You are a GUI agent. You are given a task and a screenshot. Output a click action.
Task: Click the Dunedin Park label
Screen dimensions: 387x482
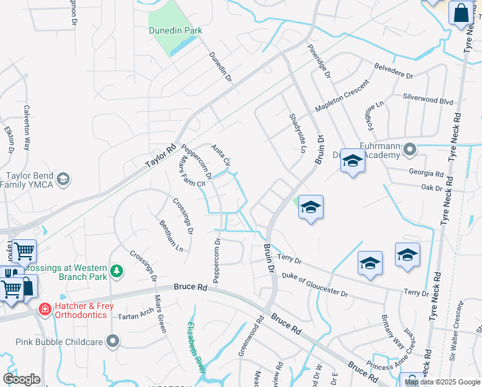pos(175,30)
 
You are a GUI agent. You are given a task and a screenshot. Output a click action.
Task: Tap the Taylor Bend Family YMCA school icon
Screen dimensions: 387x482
pos(63,179)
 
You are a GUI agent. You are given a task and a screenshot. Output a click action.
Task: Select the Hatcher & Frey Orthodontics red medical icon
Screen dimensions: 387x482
pos(44,310)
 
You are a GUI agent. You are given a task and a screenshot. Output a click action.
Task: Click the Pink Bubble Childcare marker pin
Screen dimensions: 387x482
pos(114,340)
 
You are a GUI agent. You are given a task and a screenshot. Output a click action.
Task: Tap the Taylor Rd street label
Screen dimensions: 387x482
pos(160,156)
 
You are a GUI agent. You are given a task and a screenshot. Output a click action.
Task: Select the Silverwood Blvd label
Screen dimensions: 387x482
pos(428,101)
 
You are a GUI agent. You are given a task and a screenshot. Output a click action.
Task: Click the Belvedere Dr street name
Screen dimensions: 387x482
pos(394,70)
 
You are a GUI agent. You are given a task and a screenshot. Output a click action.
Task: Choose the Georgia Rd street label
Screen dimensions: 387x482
pos(426,174)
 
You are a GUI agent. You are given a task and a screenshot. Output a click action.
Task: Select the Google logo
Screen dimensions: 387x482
pos(21,379)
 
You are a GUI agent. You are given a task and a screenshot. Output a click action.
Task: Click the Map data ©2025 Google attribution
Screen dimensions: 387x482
pos(441,382)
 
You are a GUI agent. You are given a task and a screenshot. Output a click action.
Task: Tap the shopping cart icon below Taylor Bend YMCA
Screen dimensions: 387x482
pos(24,251)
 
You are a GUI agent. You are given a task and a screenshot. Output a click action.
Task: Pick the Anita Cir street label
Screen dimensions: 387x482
pos(221,155)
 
